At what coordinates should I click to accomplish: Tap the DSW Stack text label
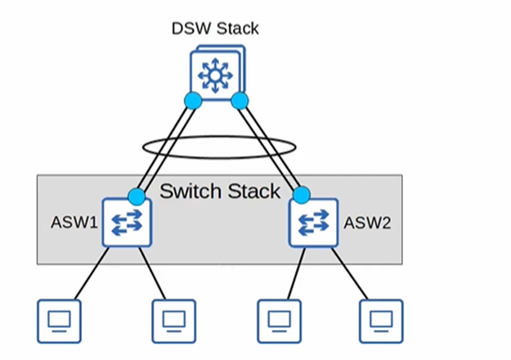[x=215, y=29]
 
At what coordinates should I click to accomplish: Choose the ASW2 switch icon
[x=314, y=223]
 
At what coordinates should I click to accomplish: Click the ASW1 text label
[x=69, y=222]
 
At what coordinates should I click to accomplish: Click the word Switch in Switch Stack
[x=190, y=192]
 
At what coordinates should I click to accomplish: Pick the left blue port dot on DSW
[x=193, y=101]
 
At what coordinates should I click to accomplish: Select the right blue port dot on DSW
[x=240, y=101]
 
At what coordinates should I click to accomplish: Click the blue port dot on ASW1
[x=137, y=196]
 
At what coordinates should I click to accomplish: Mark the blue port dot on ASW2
[x=302, y=195]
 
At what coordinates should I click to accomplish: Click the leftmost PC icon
[x=60, y=321]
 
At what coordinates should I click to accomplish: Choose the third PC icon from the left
[x=279, y=321]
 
